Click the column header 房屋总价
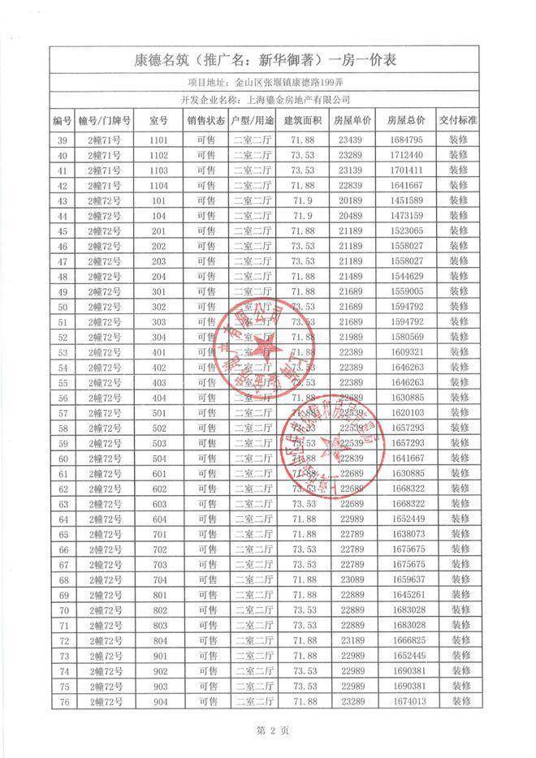click(x=406, y=120)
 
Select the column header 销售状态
click(x=206, y=120)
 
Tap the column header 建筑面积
click(x=303, y=120)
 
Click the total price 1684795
click(x=406, y=140)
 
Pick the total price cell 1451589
click(x=406, y=200)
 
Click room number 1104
click(x=158, y=185)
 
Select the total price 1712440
click(x=406, y=155)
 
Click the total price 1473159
click(x=406, y=215)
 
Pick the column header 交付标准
click(x=459, y=120)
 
